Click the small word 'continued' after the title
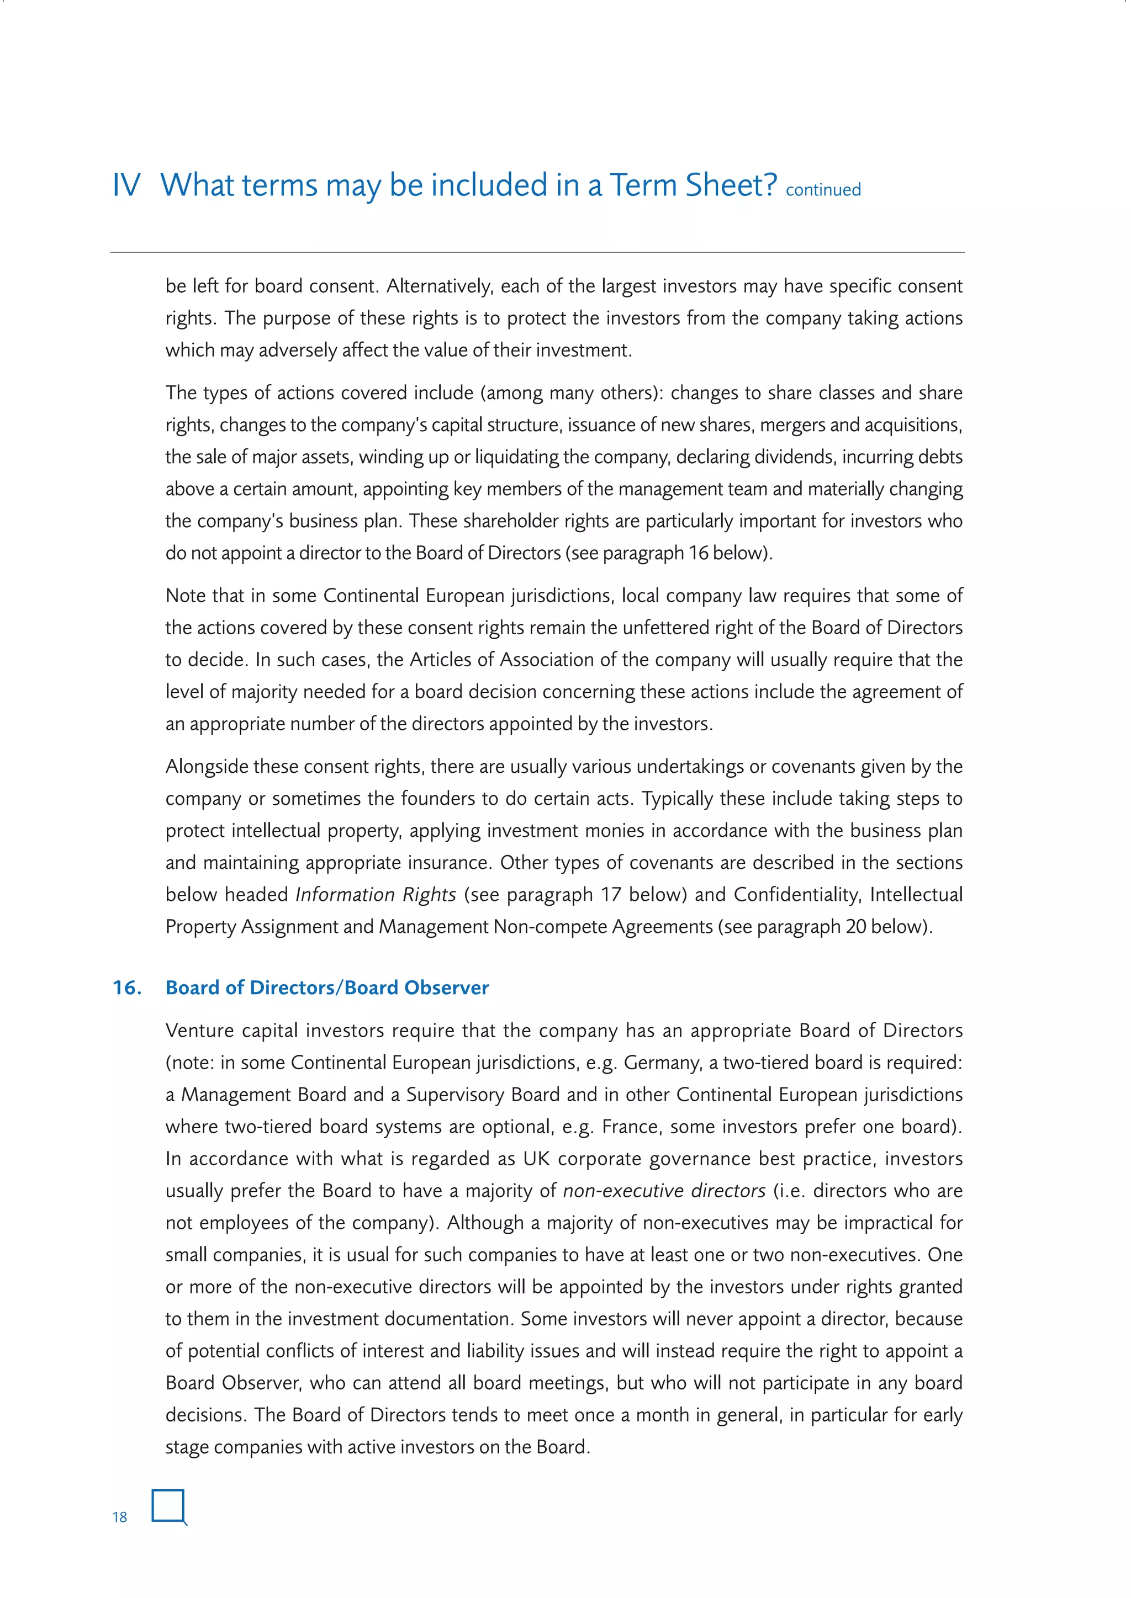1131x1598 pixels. tap(823, 190)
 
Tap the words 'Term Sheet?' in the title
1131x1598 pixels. tap(694, 186)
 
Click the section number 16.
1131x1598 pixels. tap(128, 988)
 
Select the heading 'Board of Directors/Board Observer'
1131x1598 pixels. tap(327, 988)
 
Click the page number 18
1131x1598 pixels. tap(120, 1517)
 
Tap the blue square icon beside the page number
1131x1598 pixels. tap(168, 1505)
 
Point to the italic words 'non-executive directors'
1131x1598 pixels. tap(664, 1191)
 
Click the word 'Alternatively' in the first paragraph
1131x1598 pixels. tap(438, 286)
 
